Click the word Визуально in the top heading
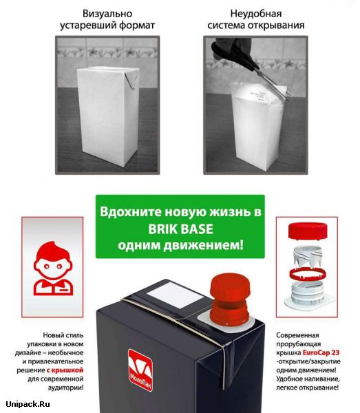107,14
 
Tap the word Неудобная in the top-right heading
255,14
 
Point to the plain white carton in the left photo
107,116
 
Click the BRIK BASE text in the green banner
180,229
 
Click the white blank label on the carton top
175,295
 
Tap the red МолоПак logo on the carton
140,370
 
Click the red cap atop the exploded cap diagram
308,231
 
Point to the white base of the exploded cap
308,296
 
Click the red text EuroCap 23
321,352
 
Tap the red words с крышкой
65,370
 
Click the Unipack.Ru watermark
28,404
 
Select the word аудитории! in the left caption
66,388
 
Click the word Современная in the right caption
297,335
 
